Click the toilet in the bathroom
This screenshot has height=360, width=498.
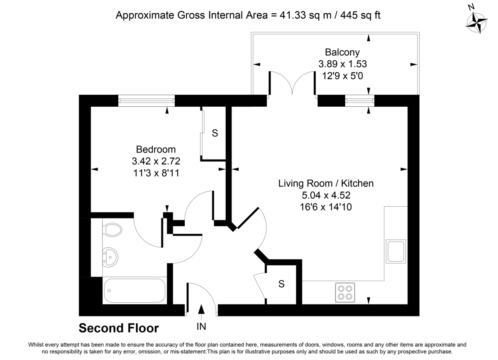(112, 230)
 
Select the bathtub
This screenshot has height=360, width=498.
(135, 290)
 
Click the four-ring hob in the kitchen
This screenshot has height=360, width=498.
(345, 292)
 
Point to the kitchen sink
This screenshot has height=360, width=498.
(396, 252)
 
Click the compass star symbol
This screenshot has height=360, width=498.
(477, 23)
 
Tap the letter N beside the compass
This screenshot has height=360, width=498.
(471, 7)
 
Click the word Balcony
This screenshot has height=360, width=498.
(342, 52)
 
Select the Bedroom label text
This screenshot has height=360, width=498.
(156, 149)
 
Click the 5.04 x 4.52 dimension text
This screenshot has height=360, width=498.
(326, 195)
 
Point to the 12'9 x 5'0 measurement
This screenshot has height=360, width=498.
(343, 76)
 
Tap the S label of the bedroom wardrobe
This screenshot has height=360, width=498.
(215, 133)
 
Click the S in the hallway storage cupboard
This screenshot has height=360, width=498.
(281, 284)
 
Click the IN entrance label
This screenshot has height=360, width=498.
(201, 326)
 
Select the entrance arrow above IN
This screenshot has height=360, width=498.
(201, 312)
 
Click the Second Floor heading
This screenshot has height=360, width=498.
(119, 328)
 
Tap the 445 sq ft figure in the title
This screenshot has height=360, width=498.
(360, 15)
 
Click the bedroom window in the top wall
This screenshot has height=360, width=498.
(146, 101)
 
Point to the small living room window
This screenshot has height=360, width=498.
(360, 101)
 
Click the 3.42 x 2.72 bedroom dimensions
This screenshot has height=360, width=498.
(156, 161)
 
